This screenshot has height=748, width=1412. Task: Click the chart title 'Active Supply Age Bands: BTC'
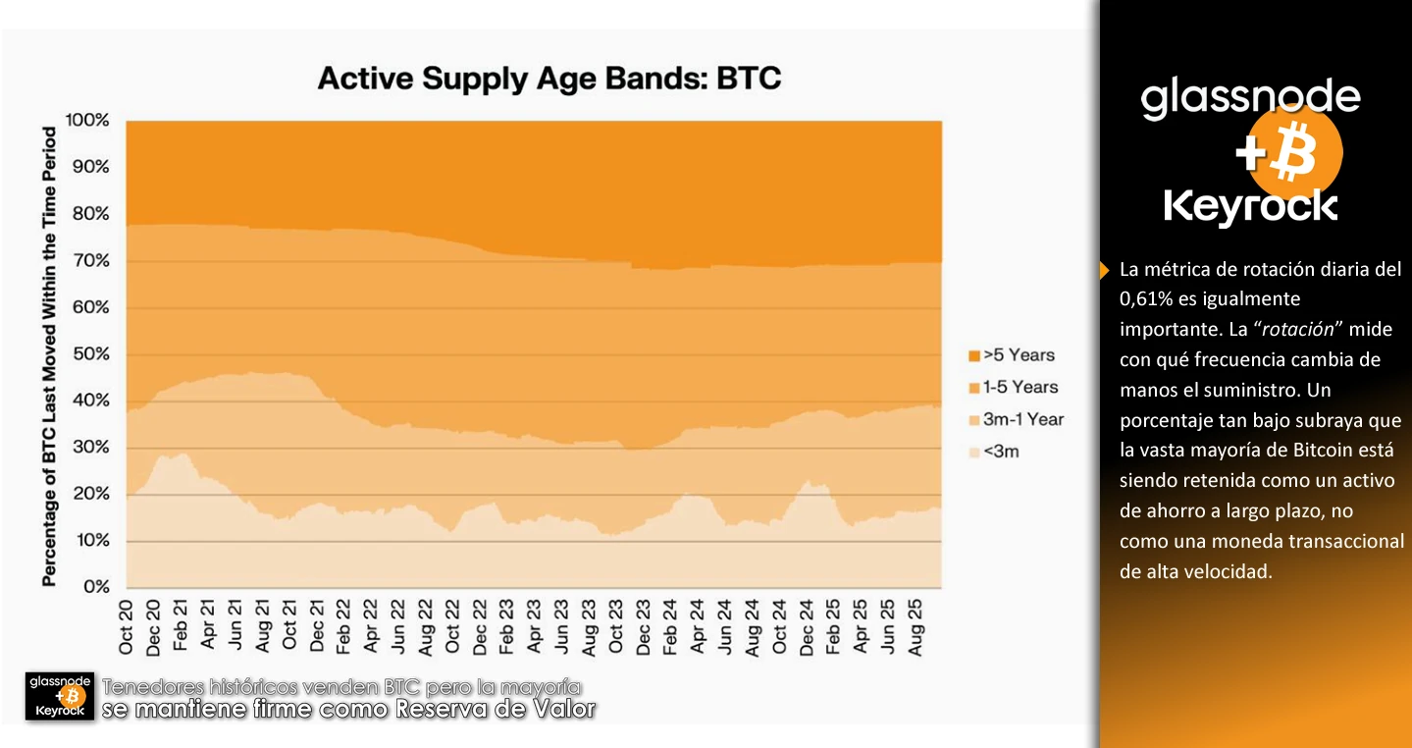[549, 79]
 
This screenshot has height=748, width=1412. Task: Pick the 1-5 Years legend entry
[1013, 388]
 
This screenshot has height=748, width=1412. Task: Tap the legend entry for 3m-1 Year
[1016, 420]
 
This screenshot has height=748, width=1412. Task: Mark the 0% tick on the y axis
[95, 587]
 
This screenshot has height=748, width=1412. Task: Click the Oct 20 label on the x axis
[127, 627]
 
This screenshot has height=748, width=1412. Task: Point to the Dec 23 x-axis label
[644, 627]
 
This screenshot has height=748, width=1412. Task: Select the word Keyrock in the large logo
[1250, 207]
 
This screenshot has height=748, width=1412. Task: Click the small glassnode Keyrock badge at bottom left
[60, 696]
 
